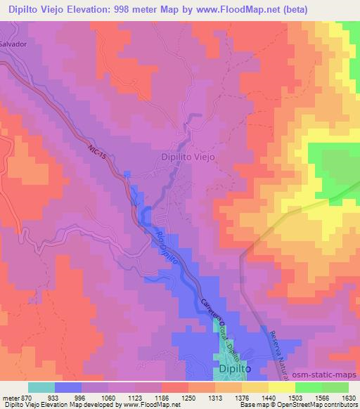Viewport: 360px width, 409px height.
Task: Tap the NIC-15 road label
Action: coord(98,154)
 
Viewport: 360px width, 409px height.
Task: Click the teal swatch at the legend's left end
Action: coord(41,387)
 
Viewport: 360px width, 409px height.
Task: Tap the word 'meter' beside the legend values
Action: coord(11,397)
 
